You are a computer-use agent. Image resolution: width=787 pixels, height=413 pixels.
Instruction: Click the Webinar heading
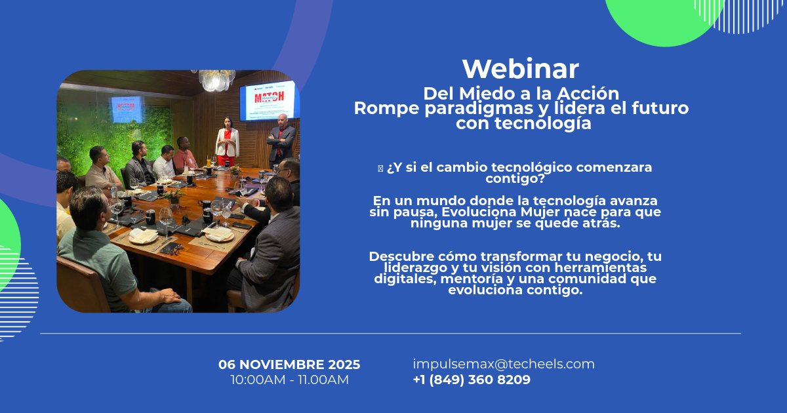[x=520, y=69]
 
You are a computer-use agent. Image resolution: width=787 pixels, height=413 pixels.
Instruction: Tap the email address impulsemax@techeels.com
[x=504, y=364]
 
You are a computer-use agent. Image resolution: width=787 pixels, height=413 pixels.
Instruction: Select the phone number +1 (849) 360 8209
[x=472, y=380]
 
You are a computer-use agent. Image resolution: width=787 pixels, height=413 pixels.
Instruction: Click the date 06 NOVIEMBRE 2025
[x=289, y=364]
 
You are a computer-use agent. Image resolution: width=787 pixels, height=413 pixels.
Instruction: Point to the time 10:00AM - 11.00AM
[x=289, y=380]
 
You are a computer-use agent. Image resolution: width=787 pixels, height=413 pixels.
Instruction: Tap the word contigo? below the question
[x=515, y=178]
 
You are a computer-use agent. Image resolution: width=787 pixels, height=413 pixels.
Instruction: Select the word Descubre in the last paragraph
[x=401, y=256]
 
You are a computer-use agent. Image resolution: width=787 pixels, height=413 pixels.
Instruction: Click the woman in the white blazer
[x=227, y=142]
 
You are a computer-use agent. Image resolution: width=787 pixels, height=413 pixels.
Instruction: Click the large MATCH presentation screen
[x=270, y=100]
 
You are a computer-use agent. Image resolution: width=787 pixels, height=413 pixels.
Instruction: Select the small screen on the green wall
[x=127, y=109]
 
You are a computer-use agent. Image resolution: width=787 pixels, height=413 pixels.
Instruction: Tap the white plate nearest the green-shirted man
[x=144, y=237]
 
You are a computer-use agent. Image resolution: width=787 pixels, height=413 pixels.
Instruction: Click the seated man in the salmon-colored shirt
[x=184, y=155]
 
